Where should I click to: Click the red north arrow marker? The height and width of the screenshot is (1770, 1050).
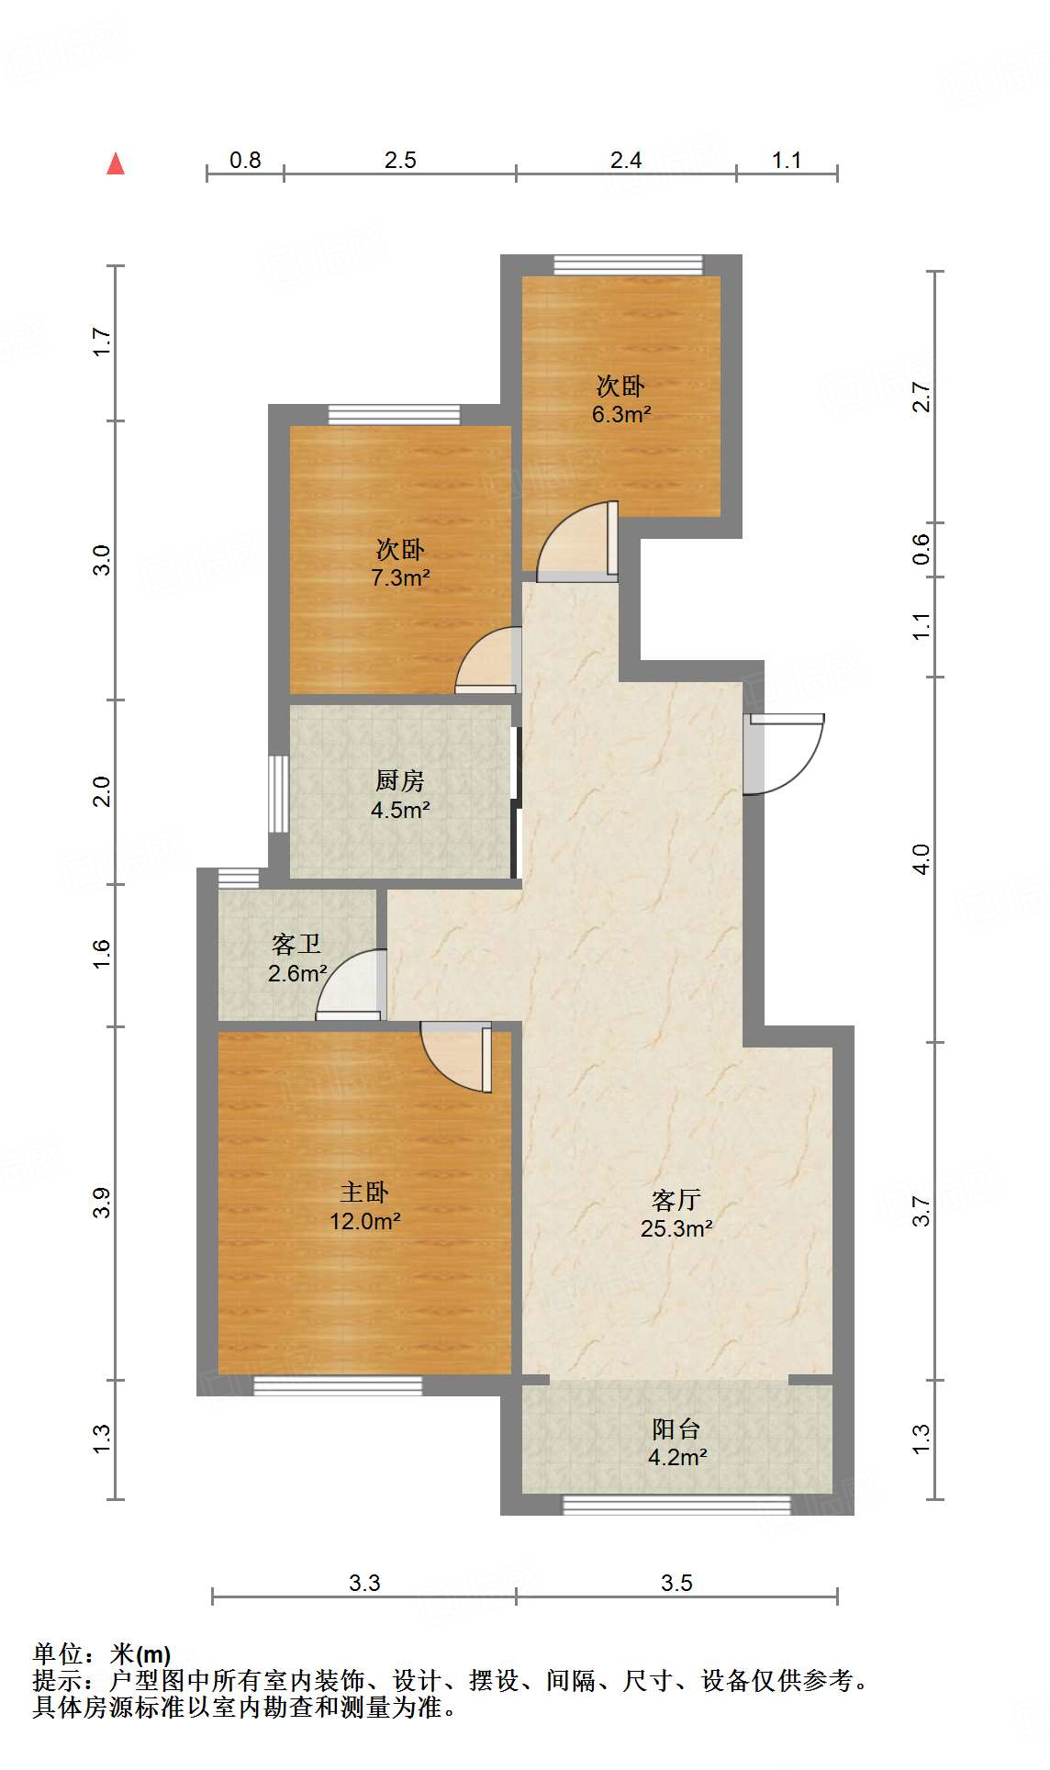point(116,164)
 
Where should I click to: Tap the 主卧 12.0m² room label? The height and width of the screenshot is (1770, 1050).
point(364,1207)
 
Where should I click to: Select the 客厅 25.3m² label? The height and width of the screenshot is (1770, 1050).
point(676,1214)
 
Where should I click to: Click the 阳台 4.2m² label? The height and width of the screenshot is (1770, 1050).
point(676,1442)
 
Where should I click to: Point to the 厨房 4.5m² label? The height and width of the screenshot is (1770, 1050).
point(400,795)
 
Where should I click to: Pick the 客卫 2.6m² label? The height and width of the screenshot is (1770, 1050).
point(296,958)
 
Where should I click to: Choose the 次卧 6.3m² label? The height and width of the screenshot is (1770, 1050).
point(620,399)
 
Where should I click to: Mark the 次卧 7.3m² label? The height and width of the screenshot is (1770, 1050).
point(400,563)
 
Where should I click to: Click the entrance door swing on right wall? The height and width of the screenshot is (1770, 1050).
point(787,753)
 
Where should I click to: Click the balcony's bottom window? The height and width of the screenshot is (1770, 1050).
point(676,1504)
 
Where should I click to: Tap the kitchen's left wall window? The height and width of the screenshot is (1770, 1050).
point(278,793)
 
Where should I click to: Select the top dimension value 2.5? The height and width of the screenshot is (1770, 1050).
point(400,161)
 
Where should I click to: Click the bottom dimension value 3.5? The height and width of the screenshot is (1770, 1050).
point(676,1584)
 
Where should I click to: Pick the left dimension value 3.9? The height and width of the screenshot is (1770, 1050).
point(102,1203)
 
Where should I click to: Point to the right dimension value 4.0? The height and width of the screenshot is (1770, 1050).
point(922,859)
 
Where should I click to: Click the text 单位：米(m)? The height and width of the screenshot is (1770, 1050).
point(102,1654)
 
